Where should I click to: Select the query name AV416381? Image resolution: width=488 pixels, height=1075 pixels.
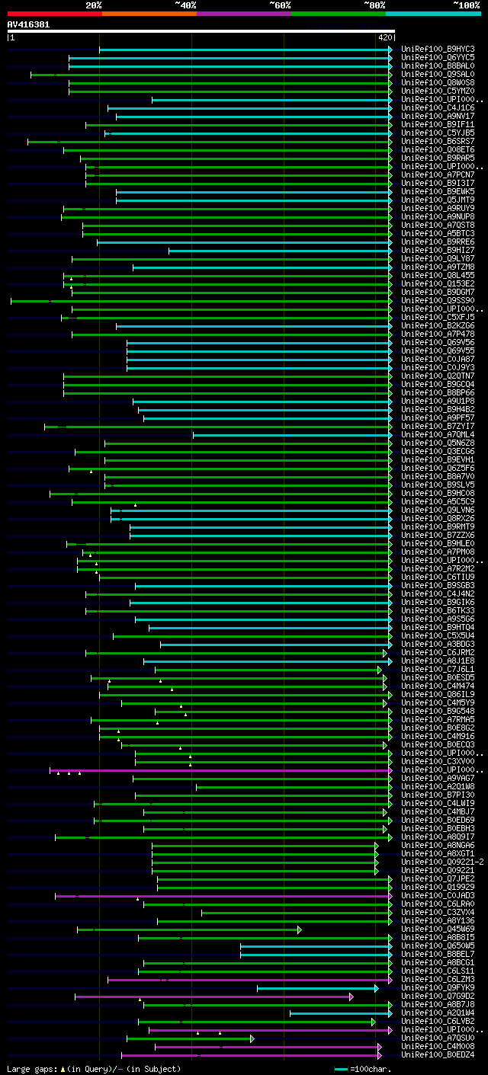pyautogui.click(x=28, y=24)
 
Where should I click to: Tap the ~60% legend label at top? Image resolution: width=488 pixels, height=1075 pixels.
pyautogui.click(x=280, y=5)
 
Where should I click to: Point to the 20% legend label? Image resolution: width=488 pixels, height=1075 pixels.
pyautogui.click(x=93, y=5)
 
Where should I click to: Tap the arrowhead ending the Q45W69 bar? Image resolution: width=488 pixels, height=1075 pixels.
pyautogui.click(x=300, y=929)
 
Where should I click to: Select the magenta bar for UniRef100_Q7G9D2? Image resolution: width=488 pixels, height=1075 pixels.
pyautogui.click(x=213, y=997)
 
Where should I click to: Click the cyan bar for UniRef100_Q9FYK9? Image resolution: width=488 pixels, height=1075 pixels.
pyautogui.click(x=316, y=988)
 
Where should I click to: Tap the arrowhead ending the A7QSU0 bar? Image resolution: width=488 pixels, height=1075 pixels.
pyautogui.click(x=252, y=1038)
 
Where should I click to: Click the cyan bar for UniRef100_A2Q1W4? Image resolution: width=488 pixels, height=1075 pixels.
pyautogui.click(x=339, y=1013)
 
